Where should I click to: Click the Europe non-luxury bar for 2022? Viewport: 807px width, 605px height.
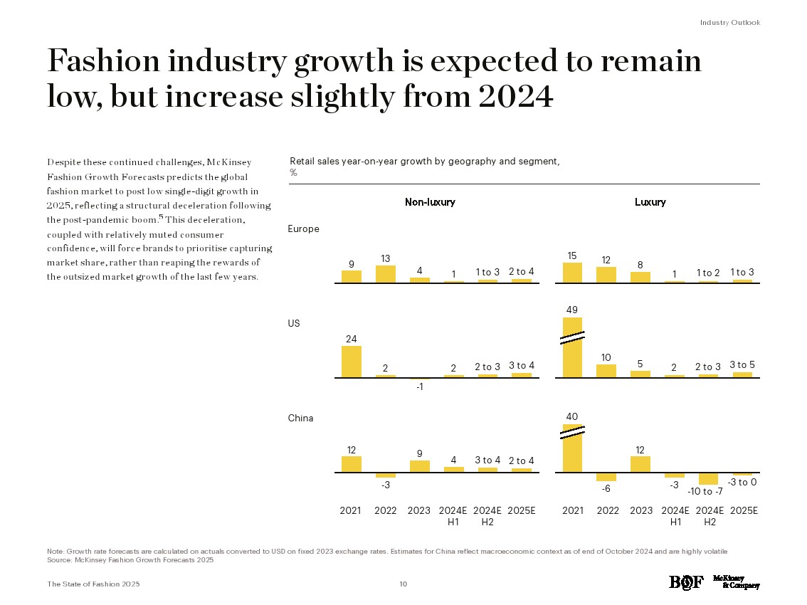[x=386, y=274]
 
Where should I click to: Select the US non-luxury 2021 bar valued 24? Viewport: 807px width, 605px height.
[x=352, y=362]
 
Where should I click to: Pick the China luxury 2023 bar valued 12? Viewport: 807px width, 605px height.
[x=640, y=464]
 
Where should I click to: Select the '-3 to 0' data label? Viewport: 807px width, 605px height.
[x=742, y=483]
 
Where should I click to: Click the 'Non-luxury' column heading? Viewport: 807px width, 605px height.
[x=430, y=202]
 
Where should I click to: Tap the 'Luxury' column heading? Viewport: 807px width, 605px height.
[x=650, y=202]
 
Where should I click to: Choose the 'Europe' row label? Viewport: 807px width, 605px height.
[x=303, y=229]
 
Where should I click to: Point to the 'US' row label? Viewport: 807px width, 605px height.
[x=294, y=323]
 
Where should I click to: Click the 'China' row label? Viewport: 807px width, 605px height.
[x=300, y=418]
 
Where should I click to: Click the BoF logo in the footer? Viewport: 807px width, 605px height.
[x=686, y=583]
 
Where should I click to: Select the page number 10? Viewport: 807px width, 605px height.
[x=403, y=584]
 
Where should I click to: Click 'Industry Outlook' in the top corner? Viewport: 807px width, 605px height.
[x=729, y=23]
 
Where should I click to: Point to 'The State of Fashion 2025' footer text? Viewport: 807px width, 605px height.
[x=93, y=584]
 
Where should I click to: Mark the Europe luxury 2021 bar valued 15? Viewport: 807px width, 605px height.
[x=572, y=273]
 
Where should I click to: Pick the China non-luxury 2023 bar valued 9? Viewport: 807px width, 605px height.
[x=420, y=466]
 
